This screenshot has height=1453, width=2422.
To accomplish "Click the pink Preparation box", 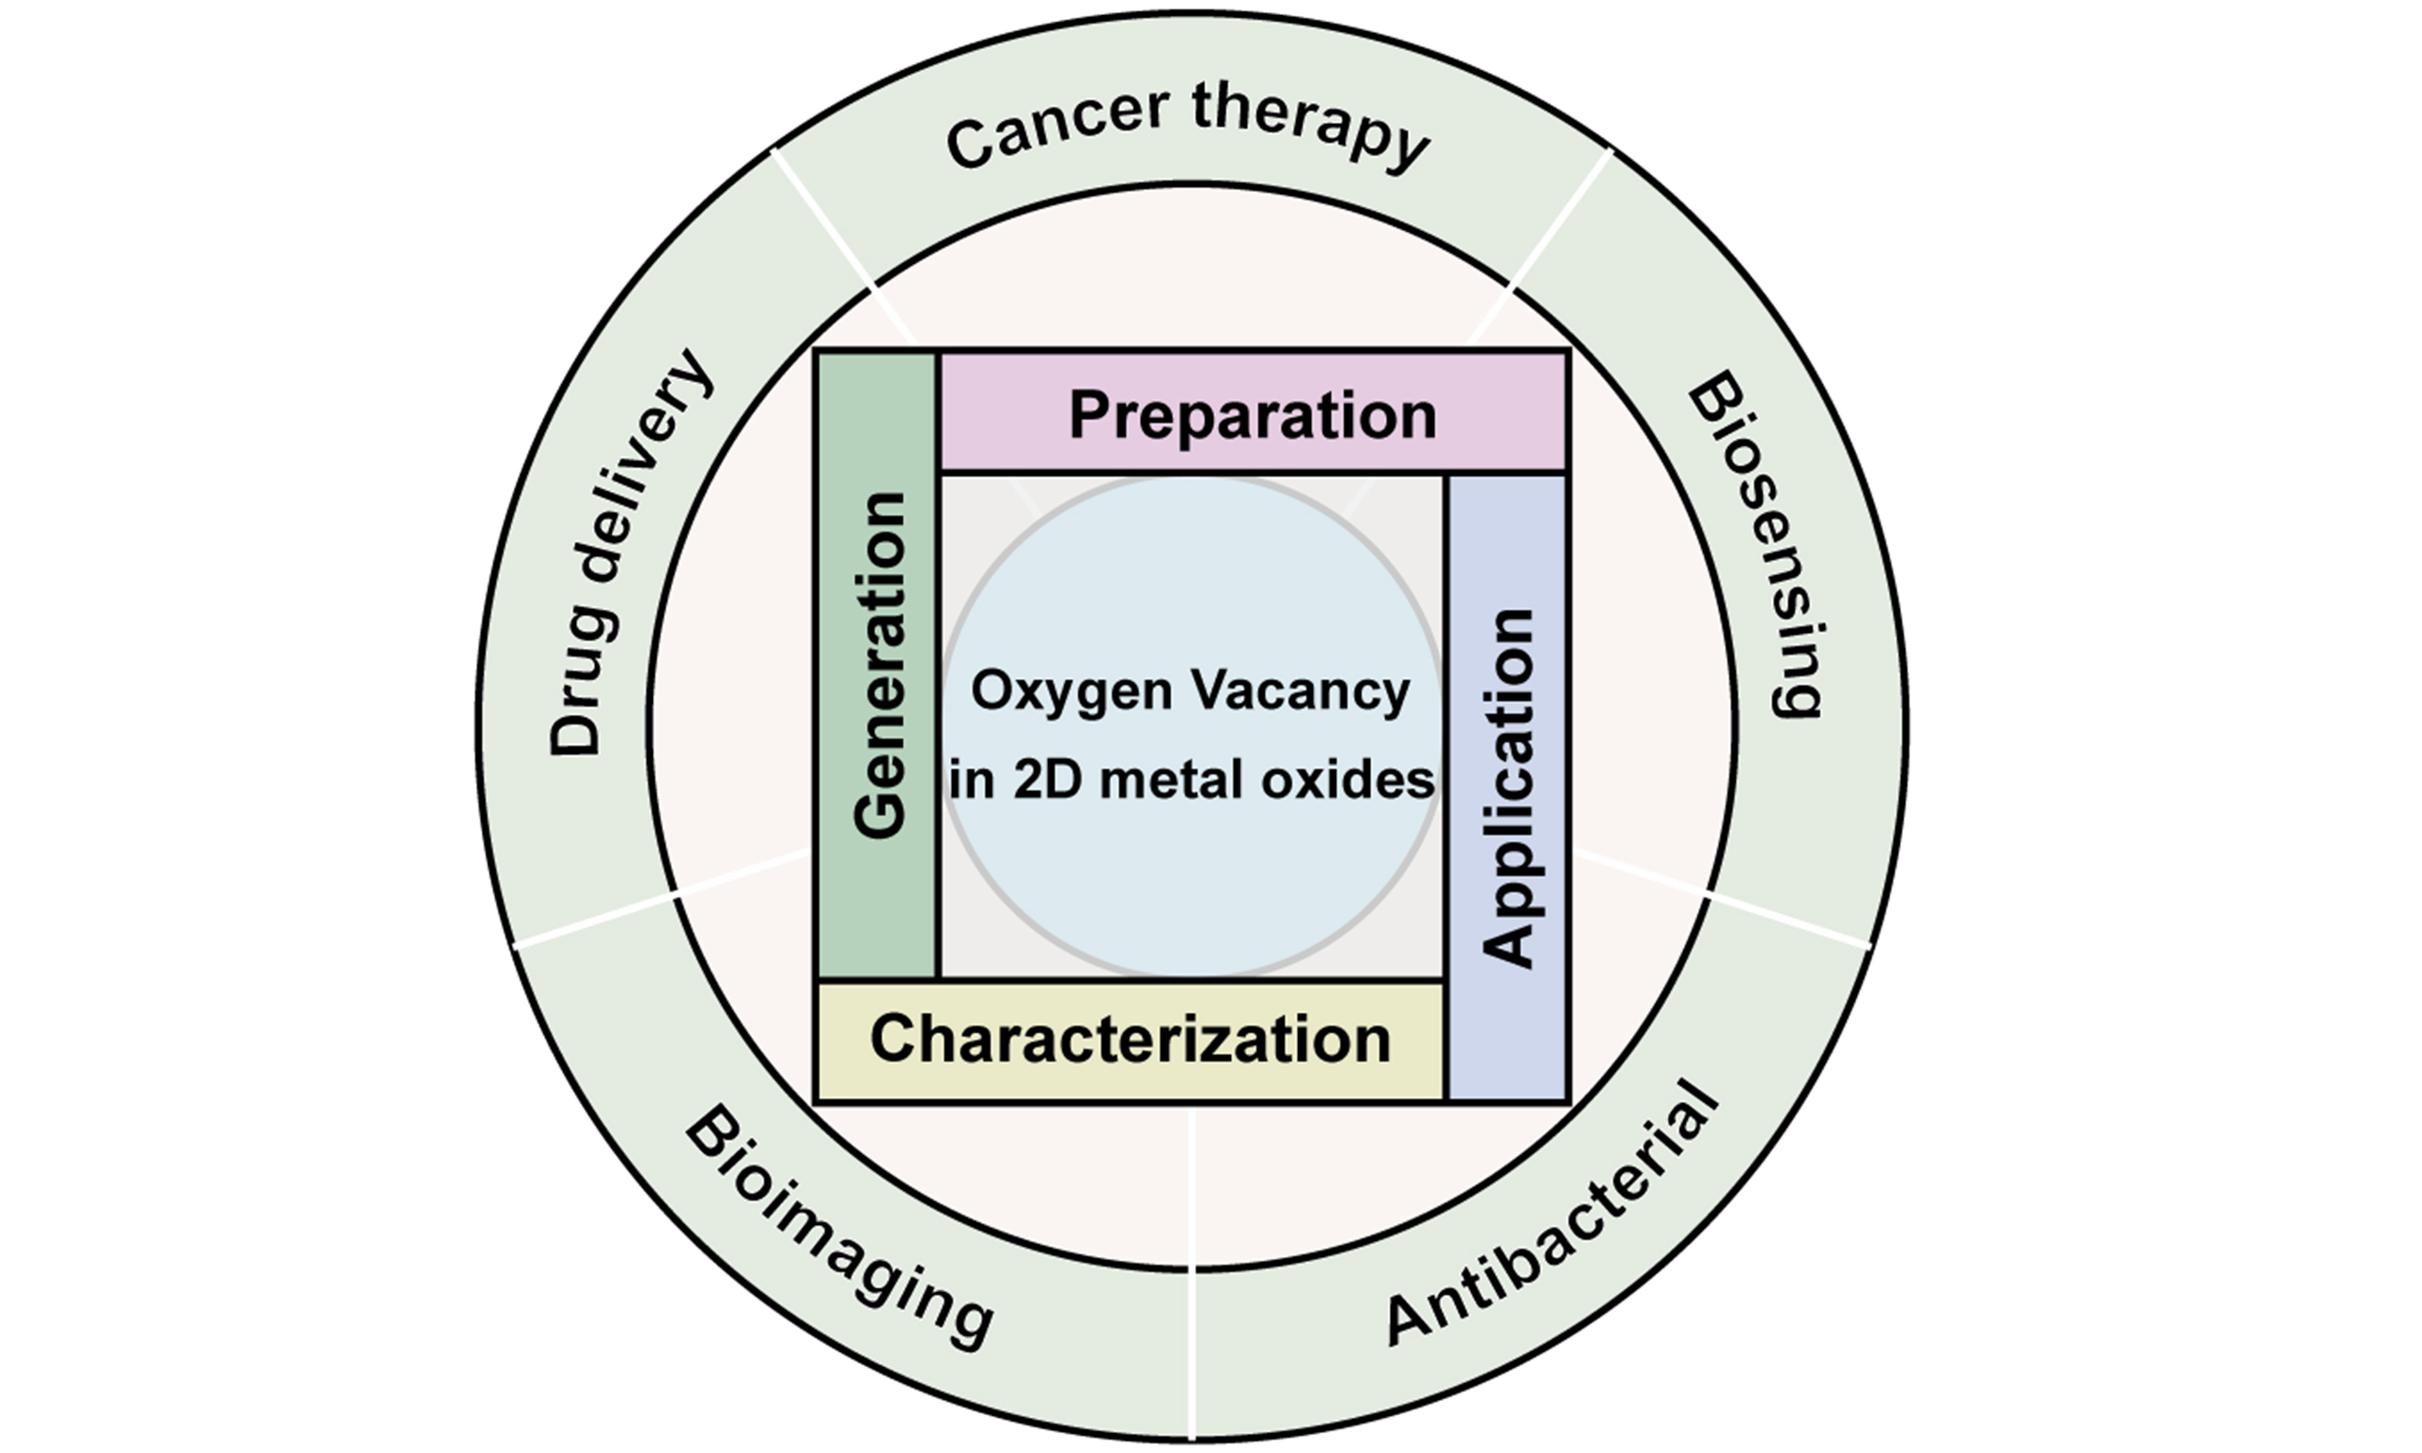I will (1253, 413).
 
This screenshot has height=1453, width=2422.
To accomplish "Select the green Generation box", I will (878, 666).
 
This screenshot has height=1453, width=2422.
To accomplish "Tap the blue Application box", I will (1506, 788).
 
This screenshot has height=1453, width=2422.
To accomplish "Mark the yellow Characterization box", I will (1130, 1040).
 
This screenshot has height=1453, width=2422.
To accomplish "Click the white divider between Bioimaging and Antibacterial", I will (1193, 1361).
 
